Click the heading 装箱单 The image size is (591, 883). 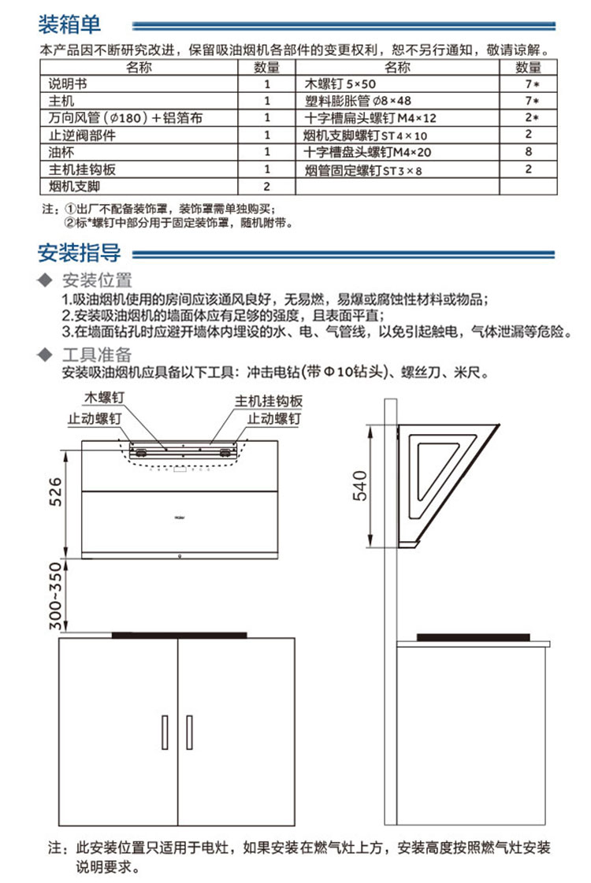point(70,24)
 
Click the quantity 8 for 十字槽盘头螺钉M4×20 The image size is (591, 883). point(529,152)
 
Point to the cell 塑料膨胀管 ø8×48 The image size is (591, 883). point(359,100)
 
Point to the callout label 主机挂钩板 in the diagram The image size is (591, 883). point(269,400)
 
